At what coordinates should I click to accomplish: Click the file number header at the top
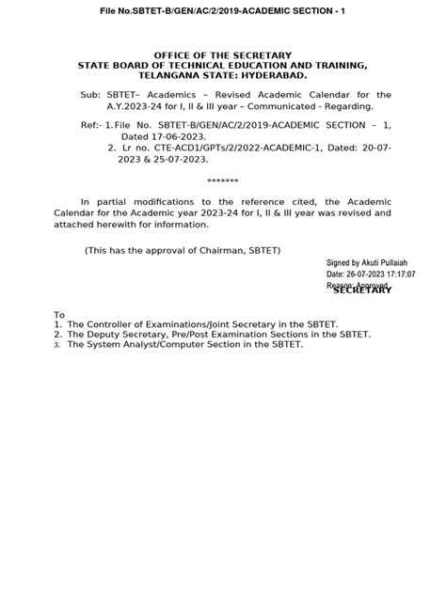point(223,9)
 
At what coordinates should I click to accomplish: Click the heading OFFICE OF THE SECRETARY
point(222,55)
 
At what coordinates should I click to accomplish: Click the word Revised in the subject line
point(248,96)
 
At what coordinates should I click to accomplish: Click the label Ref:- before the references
point(91,124)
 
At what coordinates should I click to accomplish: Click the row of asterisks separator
point(222,180)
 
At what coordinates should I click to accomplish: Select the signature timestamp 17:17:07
point(395,274)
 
